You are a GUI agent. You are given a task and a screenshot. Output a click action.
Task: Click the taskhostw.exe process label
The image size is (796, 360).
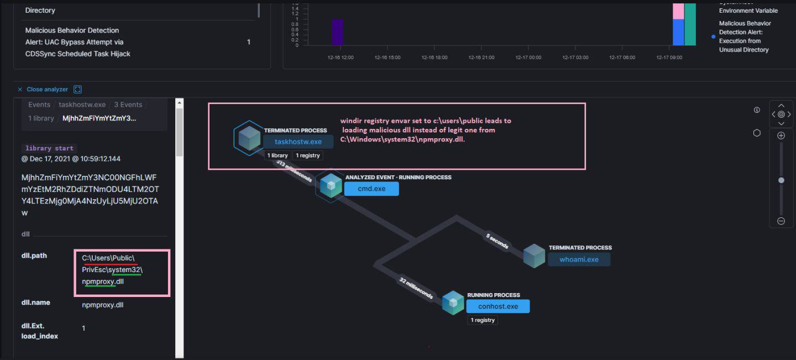coord(298,142)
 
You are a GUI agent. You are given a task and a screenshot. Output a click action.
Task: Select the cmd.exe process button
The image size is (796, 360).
coord(371,189)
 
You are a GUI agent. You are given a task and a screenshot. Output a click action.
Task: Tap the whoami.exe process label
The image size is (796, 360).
coord(579,259)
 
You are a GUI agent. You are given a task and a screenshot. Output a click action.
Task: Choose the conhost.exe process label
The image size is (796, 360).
coord(498,306)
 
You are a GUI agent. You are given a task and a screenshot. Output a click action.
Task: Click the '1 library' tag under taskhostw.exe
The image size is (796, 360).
coord(277,155)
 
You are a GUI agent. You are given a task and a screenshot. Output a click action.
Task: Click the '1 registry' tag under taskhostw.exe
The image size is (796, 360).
coord(308,155)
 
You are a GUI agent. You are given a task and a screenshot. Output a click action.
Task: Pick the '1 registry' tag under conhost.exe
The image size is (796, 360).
coord(483,320)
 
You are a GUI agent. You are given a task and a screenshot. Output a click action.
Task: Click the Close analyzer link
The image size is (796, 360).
coord(47,89)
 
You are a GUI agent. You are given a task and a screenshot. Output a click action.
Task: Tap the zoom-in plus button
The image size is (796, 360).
coord(781,135)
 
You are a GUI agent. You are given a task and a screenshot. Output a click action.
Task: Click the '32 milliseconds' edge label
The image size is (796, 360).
coord(416,288)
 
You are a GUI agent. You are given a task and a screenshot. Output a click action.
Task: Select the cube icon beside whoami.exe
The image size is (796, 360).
coord(534,255)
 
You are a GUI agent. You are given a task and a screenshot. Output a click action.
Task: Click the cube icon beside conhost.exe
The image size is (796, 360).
coord(453,302)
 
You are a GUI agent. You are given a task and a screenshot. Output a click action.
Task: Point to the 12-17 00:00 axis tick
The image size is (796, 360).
coord(528,58)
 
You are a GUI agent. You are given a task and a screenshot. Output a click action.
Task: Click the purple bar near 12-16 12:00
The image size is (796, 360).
coord(337,32)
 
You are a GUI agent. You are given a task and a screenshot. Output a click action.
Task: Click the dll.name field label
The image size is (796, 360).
coord(36,302)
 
